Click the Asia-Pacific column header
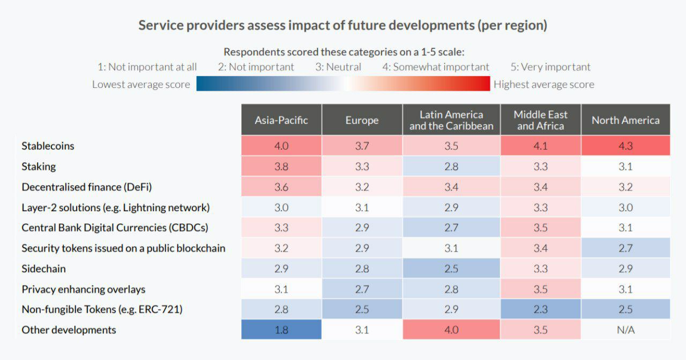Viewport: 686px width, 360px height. point(281,120)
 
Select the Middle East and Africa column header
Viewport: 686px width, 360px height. point(540,120)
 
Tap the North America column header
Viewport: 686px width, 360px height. point(625,120)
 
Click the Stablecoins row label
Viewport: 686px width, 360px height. point(48,146)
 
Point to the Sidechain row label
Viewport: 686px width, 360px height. point(43,268)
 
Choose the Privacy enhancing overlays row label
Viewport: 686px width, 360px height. point(83,289)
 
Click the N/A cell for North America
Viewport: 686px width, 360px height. point(625,330)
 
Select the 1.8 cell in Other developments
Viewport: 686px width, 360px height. point(281,330)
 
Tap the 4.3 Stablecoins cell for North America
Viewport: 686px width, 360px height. point(625,146)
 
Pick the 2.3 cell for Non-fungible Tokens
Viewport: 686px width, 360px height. point(540,310)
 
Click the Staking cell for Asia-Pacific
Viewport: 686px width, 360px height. point(281,167)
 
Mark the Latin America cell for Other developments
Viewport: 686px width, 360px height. point(451,330)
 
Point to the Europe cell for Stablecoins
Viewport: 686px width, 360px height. point(362,146)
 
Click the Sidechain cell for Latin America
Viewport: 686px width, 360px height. point(451,268)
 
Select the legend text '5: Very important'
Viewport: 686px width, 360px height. point(550,67)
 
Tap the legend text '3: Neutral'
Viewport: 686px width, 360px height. point(338,67)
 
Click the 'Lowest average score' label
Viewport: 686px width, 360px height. point(141,84)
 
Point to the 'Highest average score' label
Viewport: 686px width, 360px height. point(543,84)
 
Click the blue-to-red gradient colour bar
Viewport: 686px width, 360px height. point(343,84)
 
